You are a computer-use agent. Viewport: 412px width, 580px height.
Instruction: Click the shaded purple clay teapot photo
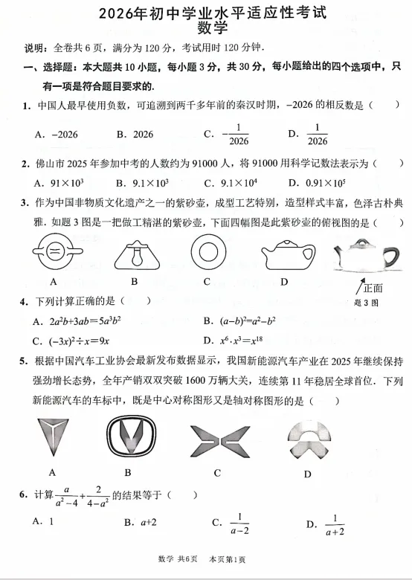(x=364, y=257)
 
